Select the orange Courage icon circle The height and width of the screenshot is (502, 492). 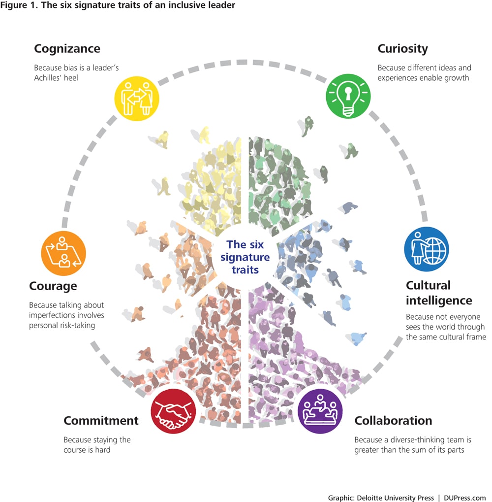point(63,253)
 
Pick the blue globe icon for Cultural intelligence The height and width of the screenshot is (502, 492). point(426,249)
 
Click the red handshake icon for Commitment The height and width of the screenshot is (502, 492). point(173,411)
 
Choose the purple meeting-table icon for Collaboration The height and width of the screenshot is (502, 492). point(320,411)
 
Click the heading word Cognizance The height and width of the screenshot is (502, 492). point(67,49)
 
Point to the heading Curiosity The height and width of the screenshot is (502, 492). point(402,49)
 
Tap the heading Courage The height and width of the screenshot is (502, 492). point(53,286)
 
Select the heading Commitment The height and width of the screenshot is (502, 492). point(101,421)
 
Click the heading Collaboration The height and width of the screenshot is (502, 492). point(393,421)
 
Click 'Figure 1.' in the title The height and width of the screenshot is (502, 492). point(16,5)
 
